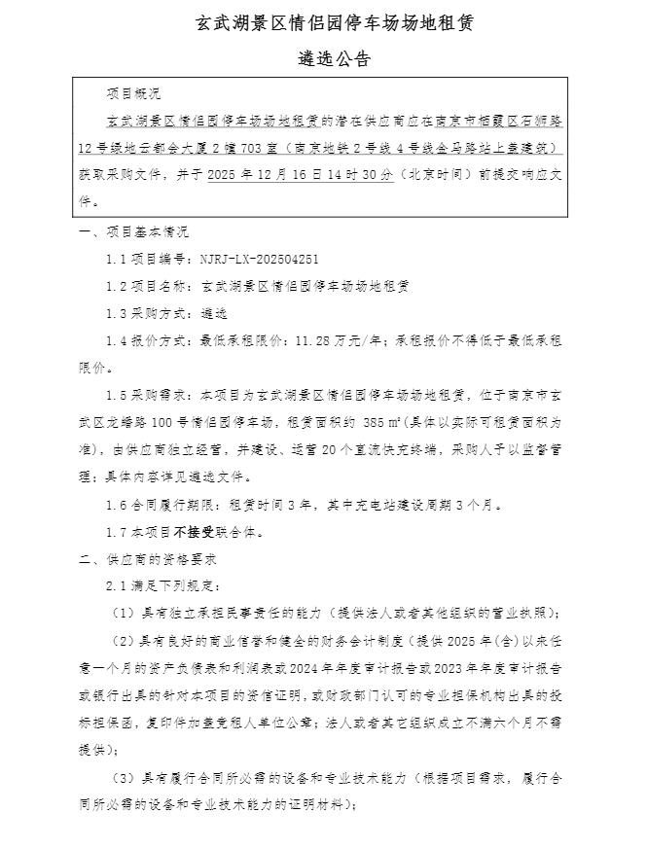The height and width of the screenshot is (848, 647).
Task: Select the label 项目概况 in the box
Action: (133, 94)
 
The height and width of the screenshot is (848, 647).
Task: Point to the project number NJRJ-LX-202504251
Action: (258, 260)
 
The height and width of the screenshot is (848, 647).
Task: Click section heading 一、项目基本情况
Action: (133, 232)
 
